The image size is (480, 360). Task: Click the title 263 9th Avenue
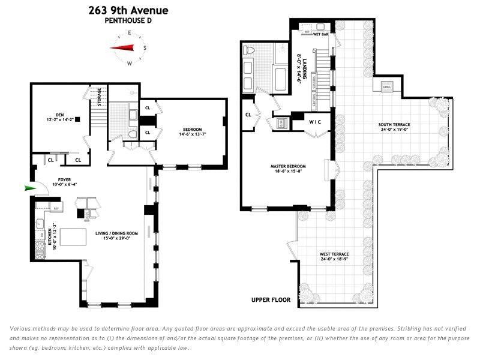[x=128, y=10]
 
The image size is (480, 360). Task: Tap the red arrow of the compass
[x=124, y=48]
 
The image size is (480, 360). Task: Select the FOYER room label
[x=65, y=179]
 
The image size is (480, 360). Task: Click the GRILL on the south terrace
[x=386, y=88]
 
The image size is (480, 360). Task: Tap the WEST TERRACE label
[x=334, y=254]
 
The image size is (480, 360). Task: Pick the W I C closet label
[x=316, y=122]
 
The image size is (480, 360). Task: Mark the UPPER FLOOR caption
[x=271, y=299]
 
